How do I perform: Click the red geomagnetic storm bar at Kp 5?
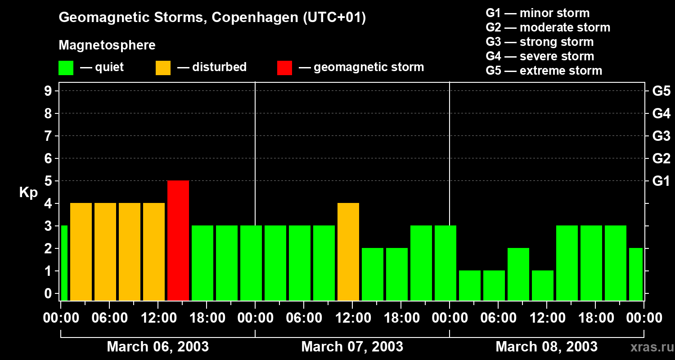click(178, 240)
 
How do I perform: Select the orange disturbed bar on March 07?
click(348, 252)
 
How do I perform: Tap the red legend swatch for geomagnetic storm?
click(284, 67)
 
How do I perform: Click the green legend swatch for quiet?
click(66, 67)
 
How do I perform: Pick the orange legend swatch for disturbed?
click(163, 67)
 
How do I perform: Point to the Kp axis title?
click(28, 193)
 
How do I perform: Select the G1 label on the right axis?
click(661, 181)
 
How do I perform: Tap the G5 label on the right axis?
click(661, 91)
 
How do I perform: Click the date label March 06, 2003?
click(157, 347)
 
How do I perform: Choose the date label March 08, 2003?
click(546, 347)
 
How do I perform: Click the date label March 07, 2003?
click(352, 347)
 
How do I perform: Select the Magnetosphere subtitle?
click(107, 45)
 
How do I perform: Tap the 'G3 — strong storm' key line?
click(540, 42)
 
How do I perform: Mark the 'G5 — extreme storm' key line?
click(544, 71)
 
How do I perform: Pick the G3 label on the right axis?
click(661, 136)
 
